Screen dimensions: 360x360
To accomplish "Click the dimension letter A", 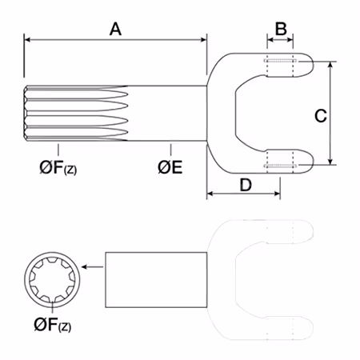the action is click(115, 29).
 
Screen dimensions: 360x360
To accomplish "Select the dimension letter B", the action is click(281, 29).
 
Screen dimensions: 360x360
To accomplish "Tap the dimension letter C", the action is click(321, 116).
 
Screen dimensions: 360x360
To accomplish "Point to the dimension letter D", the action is click(246, 185).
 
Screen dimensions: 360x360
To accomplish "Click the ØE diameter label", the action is click(170, 167).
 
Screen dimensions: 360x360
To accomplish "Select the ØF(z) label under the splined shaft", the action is click(58, 168).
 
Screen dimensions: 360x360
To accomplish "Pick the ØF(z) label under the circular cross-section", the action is click(53, 325).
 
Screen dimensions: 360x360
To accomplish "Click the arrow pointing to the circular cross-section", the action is click(92, 266).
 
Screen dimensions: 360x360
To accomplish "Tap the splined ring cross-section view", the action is click(52, 280).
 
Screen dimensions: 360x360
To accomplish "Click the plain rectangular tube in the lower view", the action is click(156, 280).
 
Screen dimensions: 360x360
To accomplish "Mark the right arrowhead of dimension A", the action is click(203, 40).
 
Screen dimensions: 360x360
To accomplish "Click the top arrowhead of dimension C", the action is click(330, 65).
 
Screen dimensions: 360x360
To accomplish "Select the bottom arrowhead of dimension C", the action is click(330, 161).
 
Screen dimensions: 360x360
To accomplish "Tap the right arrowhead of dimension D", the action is click(277, 194).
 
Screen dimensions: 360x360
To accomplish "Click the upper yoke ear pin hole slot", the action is click(280, 61).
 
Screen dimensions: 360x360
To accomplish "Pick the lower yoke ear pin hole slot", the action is click(280, 166).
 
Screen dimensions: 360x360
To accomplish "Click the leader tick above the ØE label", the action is click(170, 150).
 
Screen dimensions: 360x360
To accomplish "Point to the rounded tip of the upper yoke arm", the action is click(314, 65).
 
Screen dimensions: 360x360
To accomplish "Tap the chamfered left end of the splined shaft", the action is click(26, 113).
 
